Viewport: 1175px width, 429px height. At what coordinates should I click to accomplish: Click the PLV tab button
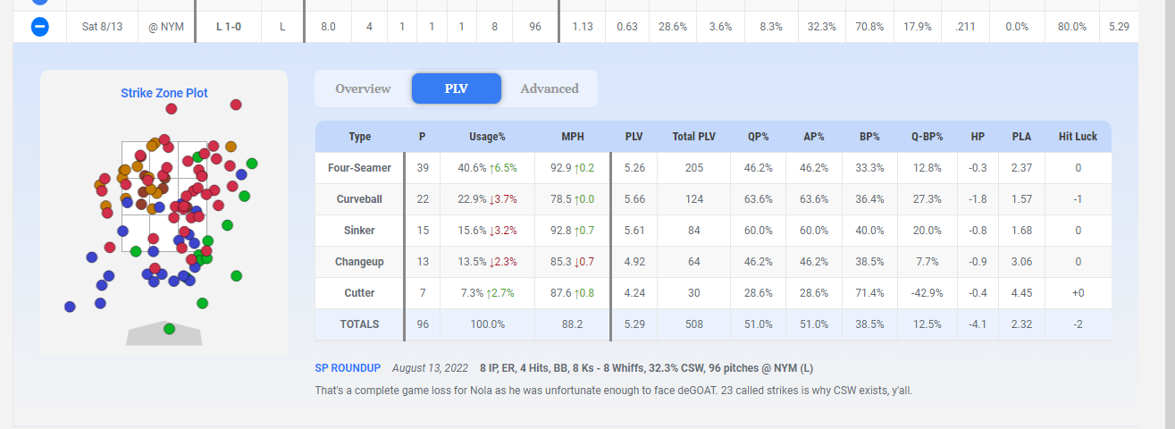(457, 88)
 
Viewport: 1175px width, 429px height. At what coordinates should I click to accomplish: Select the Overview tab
(363, 88)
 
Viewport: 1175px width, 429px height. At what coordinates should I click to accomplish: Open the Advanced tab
(550, 88)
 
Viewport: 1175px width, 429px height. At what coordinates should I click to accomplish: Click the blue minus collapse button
(40, 26)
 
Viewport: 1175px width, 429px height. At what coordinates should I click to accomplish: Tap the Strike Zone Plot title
(164, 93)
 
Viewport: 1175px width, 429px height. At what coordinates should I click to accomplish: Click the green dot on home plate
(169, 329)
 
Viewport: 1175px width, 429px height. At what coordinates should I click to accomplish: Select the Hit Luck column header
(1078, 137)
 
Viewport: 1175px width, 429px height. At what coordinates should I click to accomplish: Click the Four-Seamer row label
(359, 168)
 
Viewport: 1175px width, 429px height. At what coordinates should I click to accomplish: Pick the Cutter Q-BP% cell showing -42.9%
(927, 292)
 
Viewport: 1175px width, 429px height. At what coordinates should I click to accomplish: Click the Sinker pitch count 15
(423, 231)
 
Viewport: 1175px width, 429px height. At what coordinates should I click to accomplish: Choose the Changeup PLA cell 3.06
(1021, 261)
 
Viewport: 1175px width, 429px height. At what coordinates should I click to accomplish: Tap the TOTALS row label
(359, 324)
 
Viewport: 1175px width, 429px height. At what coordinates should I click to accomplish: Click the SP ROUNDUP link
(348, 368)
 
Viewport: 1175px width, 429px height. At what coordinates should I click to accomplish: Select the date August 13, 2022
(430, 368)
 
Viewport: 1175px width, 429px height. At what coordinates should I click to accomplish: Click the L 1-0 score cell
(229, 26)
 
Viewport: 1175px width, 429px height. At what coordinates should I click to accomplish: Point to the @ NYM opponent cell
(166, 26)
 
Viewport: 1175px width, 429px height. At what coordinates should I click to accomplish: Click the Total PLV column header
(693, 137)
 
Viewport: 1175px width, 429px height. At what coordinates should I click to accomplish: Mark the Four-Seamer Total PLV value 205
(693, 168)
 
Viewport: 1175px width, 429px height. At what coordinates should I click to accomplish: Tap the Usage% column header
(487, 137)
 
